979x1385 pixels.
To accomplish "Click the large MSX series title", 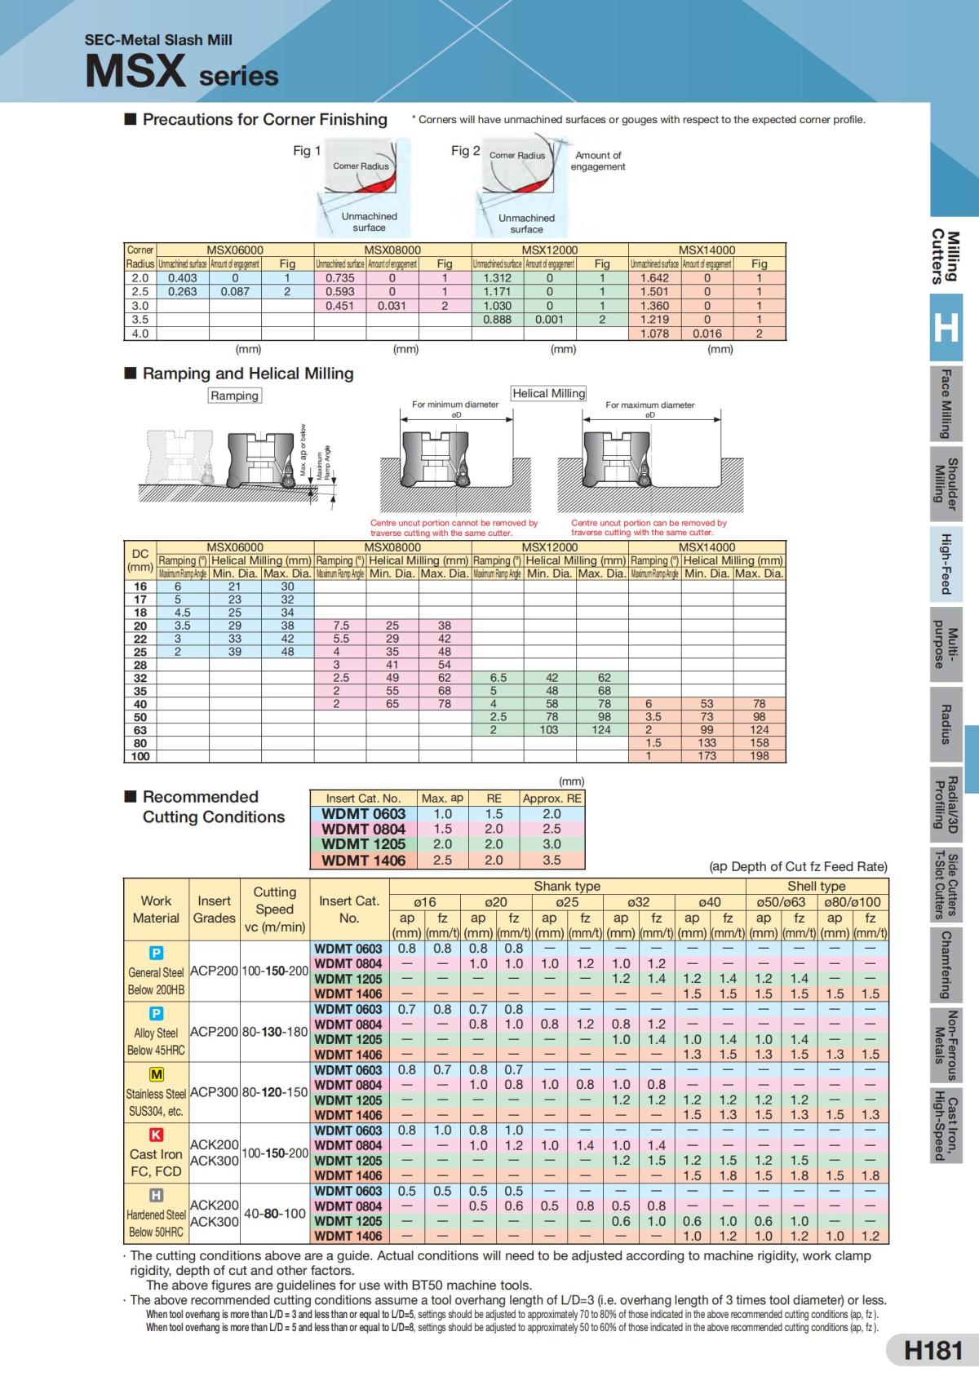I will tap(181, 71).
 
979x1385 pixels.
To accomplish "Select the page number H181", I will tap(933, 1351).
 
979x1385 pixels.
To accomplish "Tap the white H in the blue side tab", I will tap(946, 327).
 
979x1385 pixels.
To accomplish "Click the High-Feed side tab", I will tap(946, 564).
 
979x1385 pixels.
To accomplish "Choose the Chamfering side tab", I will tap(946, 965).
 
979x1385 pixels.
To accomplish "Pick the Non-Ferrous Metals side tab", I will tap(946, 1043).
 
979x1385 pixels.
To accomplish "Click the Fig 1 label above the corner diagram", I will tap(307, 151).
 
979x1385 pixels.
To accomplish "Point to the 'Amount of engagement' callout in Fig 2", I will tap(598, 161).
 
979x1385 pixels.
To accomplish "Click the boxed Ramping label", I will tap(235, 396).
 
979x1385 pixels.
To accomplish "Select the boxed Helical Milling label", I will tap(548, 393).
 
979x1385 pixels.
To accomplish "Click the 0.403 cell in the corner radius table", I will tap(183, 278).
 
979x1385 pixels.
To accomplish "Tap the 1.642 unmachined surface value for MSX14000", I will tap(654, 278).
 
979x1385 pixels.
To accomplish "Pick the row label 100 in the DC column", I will tap(140, 756).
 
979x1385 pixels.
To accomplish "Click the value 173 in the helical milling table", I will tap(707, 756).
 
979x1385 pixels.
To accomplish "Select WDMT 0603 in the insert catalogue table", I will tap(363, 813).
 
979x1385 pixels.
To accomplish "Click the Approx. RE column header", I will tap(552, 799).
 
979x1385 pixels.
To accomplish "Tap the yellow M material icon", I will tap(156, 1074).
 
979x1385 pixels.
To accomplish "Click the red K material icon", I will tap(156, 1135).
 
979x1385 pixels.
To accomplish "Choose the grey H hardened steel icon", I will tap(156, 1196).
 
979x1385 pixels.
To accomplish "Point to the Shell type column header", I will tap(816, 886).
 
